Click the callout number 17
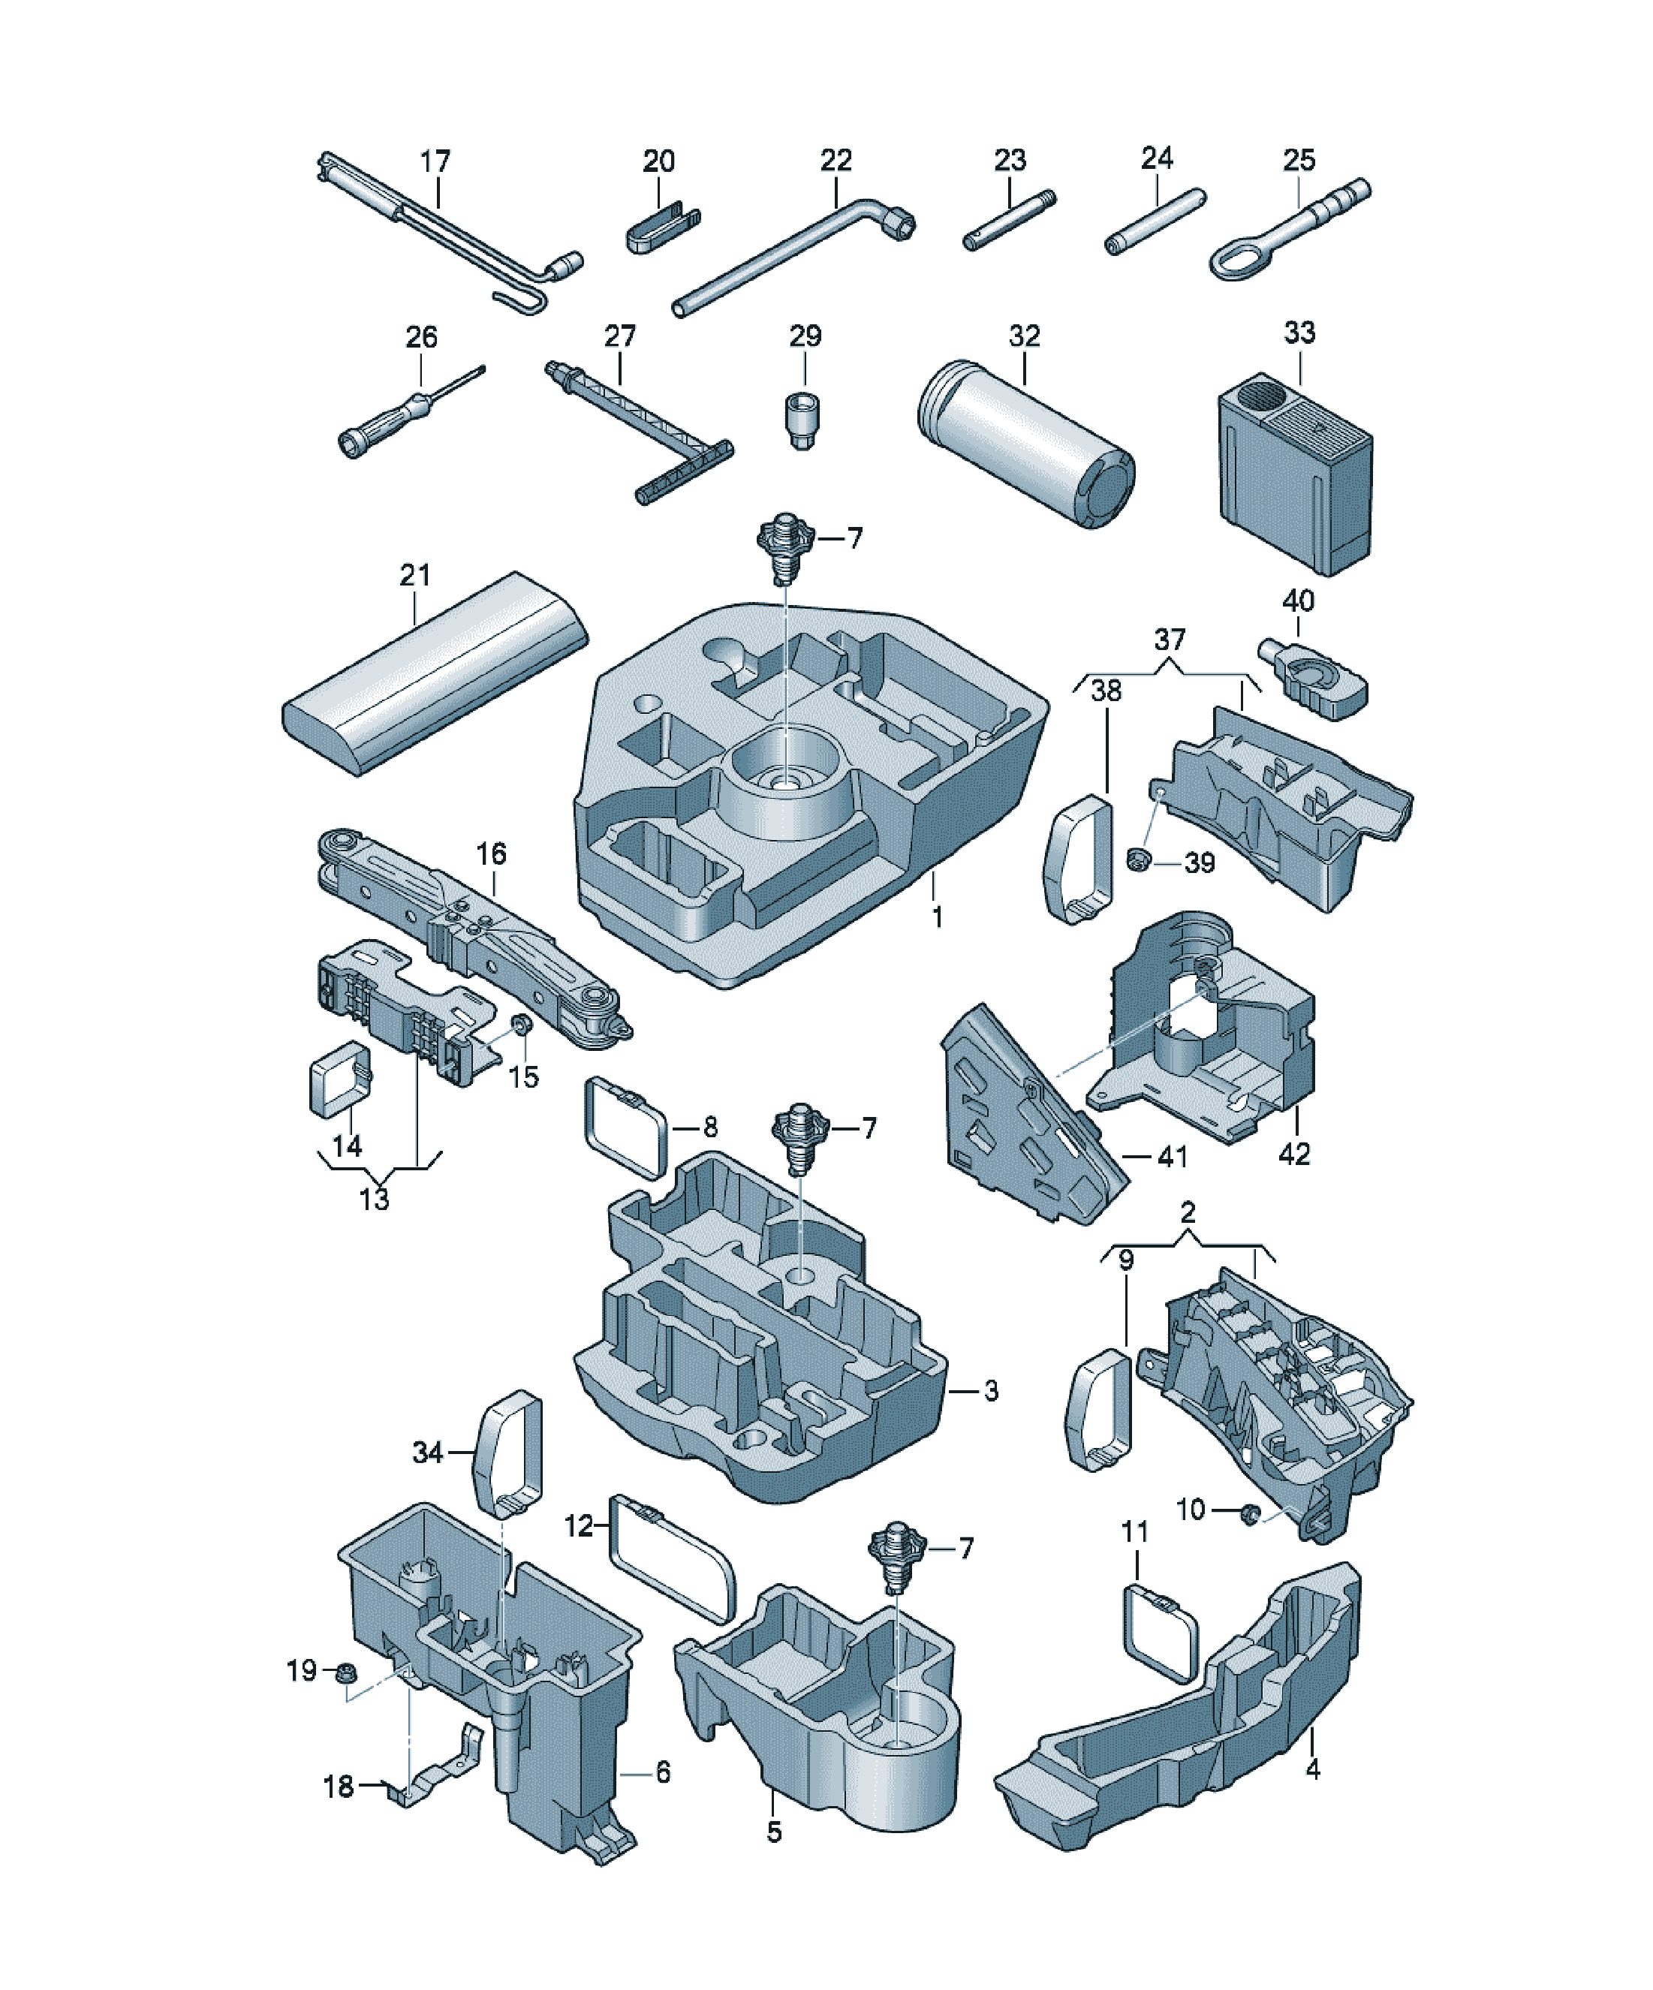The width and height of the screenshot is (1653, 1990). (435, 162)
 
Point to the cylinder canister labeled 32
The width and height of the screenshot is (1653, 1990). (1026, 444)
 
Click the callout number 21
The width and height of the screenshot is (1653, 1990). (415, 575)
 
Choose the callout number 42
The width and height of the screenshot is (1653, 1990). (1293, 1155)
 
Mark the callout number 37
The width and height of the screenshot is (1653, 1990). (1170, 640)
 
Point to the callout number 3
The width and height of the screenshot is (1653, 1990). (990, 1391)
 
